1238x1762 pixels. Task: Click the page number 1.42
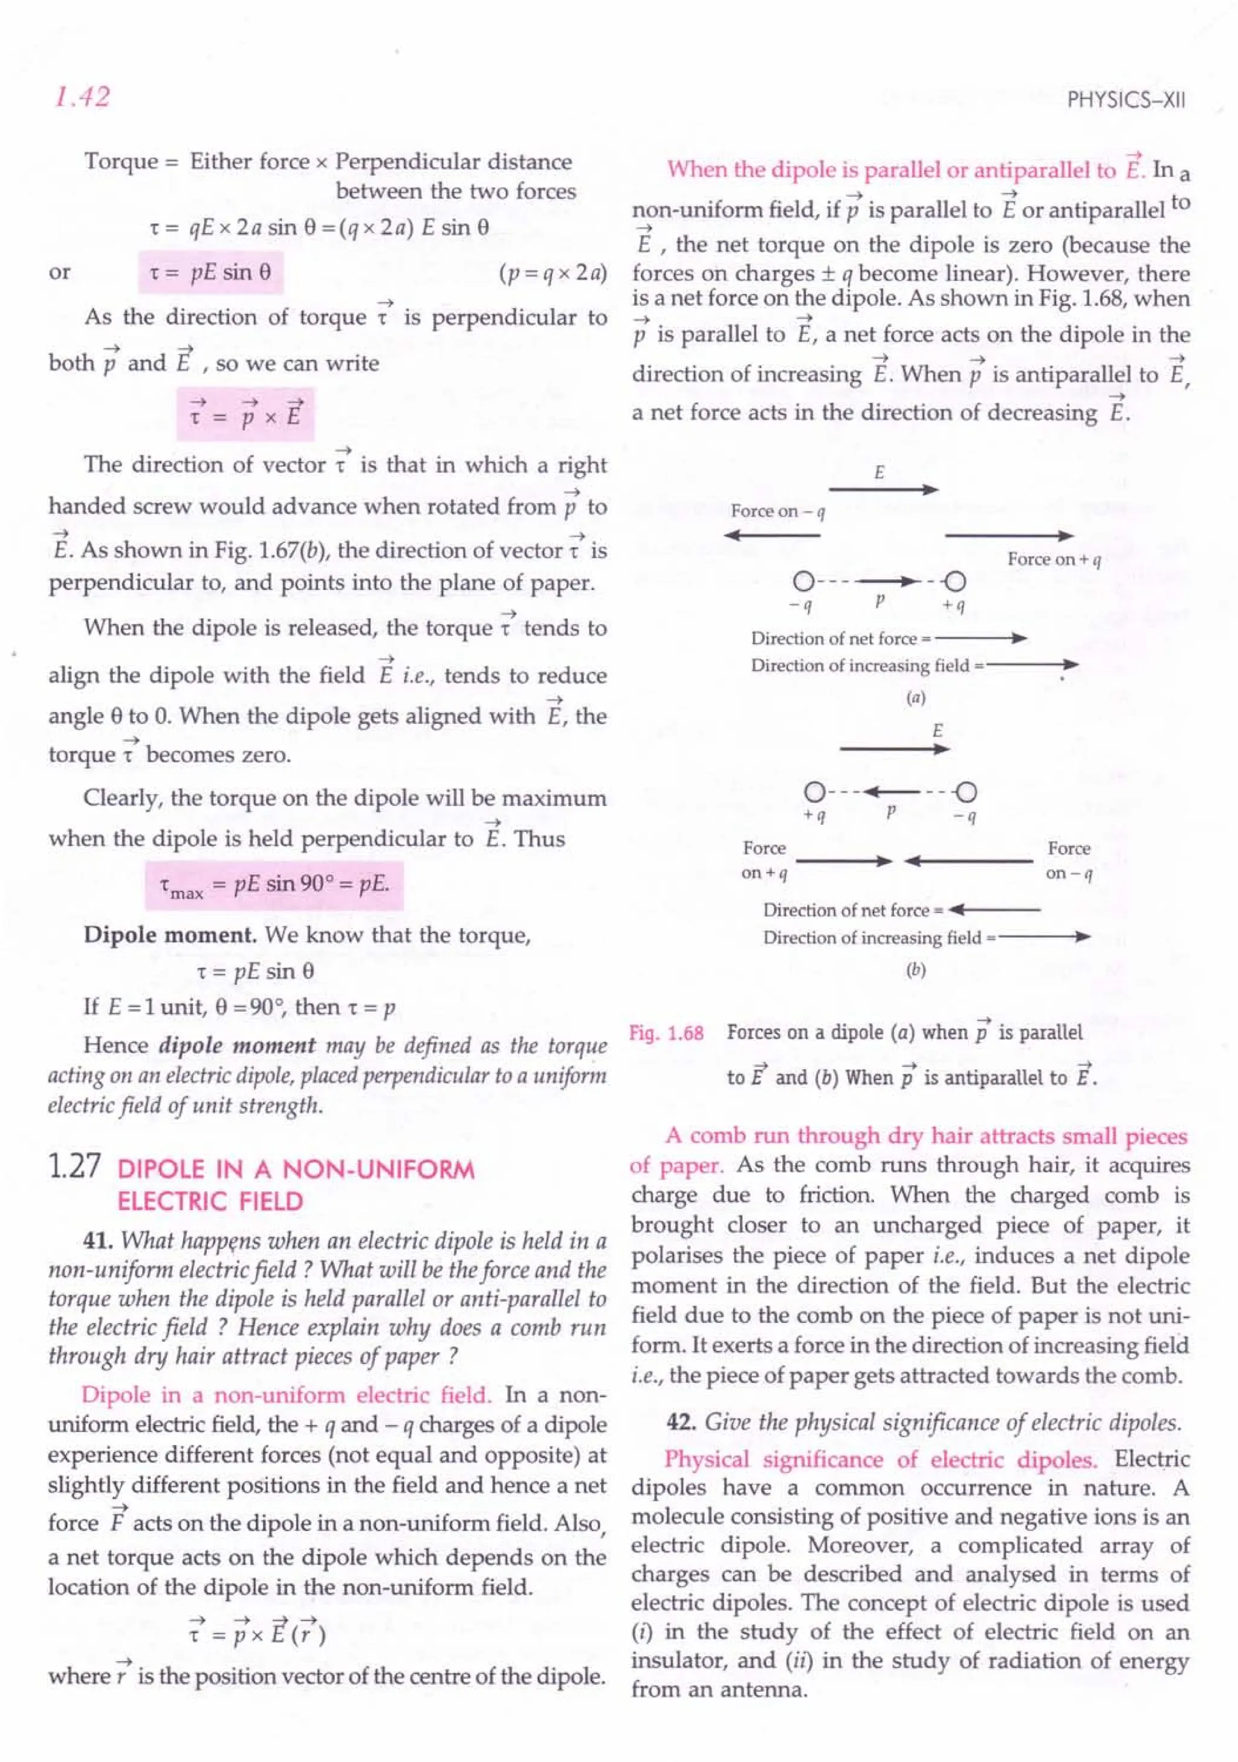click(82, 97)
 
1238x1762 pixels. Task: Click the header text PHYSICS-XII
click(1126, 100)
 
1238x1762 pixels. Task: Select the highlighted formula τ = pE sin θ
click(210, 273)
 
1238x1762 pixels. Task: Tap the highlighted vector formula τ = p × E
click(245, 414)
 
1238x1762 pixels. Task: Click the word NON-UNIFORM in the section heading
click(378, 1169)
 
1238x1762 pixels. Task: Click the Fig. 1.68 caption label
click(666, 1033)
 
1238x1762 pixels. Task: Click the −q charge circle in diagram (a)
click(803, 581)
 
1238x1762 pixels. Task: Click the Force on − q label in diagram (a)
click(777, 511)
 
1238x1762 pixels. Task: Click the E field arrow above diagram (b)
click(895, 749)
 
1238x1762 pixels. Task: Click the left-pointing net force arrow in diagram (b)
click(994, 910)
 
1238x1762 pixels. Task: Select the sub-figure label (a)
click(915, 698)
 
